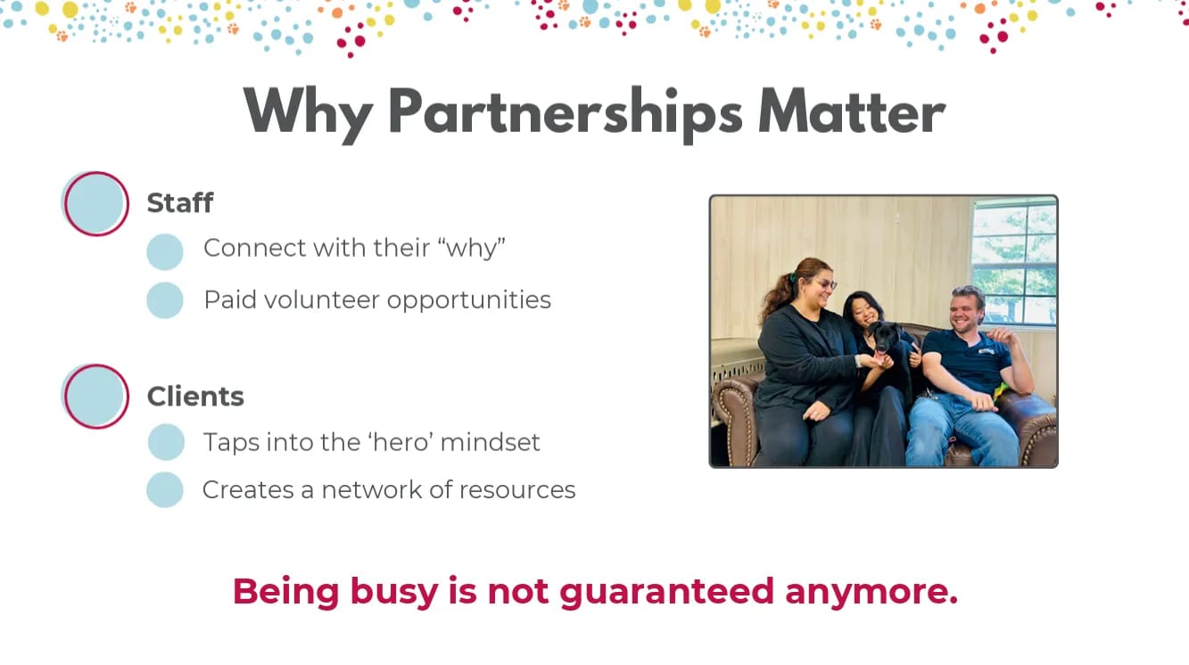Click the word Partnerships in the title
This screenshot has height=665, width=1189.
tap(566, 113)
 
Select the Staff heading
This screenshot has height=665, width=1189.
tap(180, 202)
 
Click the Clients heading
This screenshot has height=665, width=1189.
tap(195, 396)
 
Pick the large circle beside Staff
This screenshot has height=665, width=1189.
tap(95, 203)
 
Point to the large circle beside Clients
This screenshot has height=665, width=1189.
tap(95, 396)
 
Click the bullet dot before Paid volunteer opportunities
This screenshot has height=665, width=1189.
tap(165, 300)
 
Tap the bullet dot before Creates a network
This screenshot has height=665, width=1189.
tap(165, 489)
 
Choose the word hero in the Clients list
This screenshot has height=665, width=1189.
tap(400, 442)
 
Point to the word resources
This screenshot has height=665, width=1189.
tap(517, 490)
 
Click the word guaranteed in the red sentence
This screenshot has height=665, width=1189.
tap(666, 592)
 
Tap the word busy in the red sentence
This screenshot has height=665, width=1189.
tap(394, 592)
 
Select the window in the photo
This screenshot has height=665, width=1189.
tap(1014, 261)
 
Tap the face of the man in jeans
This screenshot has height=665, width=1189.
tap(966, 313)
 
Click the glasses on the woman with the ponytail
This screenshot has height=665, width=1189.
tap(827, 284)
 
